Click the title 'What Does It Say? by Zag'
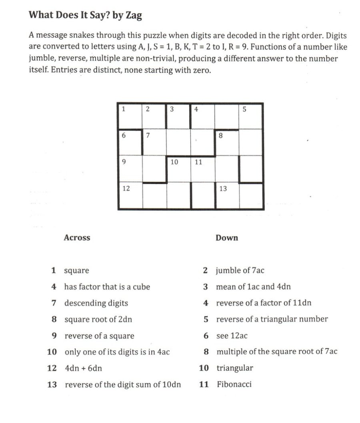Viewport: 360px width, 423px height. pos(86,16)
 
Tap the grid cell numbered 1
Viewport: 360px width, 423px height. pos(130,116)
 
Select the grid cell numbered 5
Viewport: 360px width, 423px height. pos(251,116)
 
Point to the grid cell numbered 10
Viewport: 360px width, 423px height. pos(178,169)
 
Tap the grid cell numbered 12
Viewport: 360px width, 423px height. pos(130,196)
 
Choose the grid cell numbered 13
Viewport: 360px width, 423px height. pos(227,196)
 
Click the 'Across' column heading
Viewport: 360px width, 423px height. pos(77,238)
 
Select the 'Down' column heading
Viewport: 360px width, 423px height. pos(227,238)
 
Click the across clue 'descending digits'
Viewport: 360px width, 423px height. pos(96,303)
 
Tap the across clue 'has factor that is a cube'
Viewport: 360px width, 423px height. pos(107,287)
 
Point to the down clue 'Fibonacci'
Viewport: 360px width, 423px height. pos(234,385)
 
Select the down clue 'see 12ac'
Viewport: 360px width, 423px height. pos(232,336)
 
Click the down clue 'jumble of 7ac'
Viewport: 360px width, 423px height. pos(240,271)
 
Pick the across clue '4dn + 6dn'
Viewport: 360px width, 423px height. pos(86,368)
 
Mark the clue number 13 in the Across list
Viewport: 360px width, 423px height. pos(52,385)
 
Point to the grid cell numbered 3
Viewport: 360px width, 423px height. pos(178,116)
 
